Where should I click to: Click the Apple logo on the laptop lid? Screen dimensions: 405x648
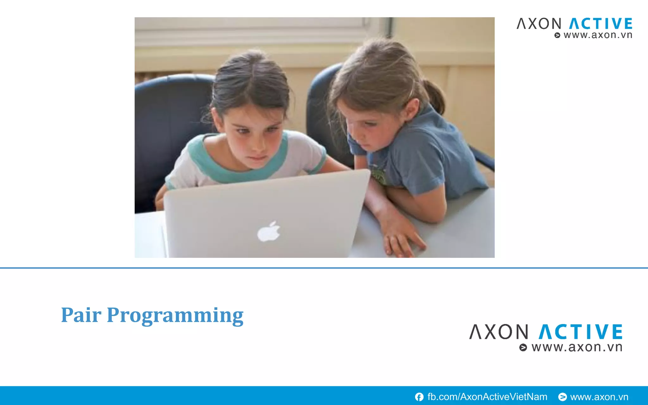click(x=269, y=232)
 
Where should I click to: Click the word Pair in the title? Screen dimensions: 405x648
click(x=81, y=315)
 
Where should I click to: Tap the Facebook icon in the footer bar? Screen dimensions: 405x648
click(x=419, y=397)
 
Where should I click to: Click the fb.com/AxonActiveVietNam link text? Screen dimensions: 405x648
click(x=487, y=397)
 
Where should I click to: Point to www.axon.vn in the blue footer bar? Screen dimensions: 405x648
click(x=599, y=397)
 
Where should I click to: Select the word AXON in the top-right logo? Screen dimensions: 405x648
click(x=539, y=24)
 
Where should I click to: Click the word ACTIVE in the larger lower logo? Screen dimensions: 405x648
click(x=580, y=332)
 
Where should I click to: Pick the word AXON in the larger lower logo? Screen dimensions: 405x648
click(x=499, y=332)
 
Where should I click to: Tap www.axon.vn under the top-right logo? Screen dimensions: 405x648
click(x=598, y=35)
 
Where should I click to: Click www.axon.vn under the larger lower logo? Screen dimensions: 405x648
click(x=576, y=347)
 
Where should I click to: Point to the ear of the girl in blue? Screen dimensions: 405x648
click(x=412, y=109)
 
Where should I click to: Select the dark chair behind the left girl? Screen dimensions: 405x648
click(x=165, y=127)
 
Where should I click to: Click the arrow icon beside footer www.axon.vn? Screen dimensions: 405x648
click(x=562, y=397)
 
